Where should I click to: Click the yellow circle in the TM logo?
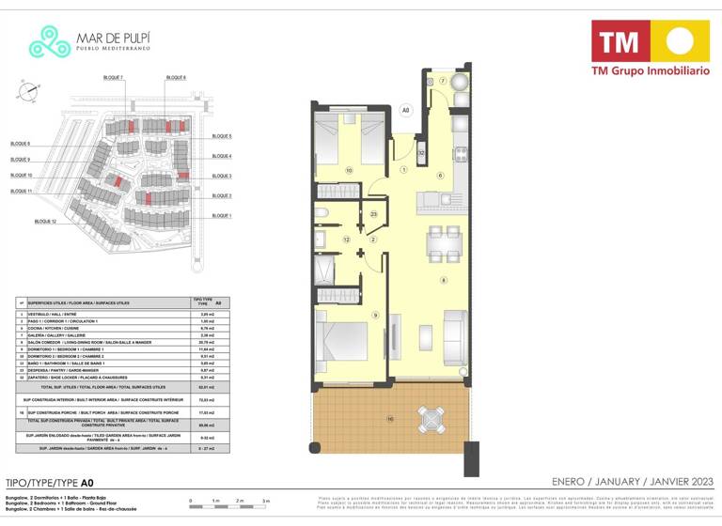[681, 39]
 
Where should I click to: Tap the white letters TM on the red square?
[620, 40]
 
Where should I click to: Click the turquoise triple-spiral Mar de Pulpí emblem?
[49, 42]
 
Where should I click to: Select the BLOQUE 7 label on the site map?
[116, 76]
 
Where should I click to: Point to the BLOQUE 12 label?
[46, 221]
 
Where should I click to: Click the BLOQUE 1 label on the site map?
[222, 216]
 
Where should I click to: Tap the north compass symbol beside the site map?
[28, 91]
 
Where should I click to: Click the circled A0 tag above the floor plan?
[406, 110]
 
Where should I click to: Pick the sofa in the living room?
[453, 333]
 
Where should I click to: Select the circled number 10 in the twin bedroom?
[348, 170]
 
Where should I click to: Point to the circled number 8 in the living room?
[443, 280]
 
